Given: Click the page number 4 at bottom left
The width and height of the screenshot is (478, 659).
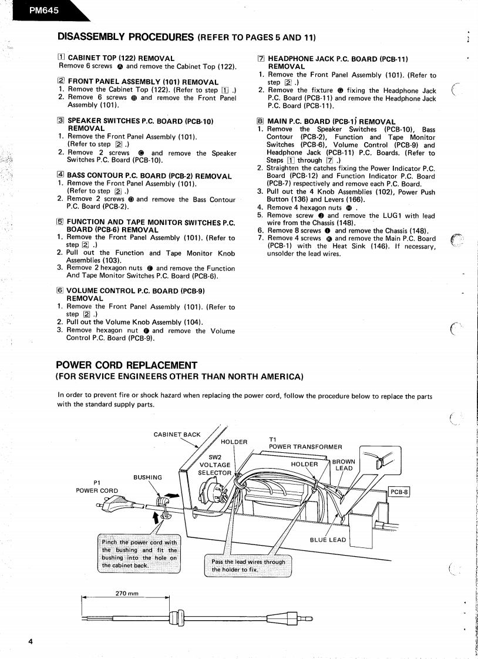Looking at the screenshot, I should coord(31,641).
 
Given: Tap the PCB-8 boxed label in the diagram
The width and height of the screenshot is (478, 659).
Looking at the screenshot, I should coord(399,493).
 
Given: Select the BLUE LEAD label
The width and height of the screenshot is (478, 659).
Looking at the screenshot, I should coord(328,540).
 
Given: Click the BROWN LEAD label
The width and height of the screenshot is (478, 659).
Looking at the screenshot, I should coord(344,465).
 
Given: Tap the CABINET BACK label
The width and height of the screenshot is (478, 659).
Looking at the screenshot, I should coord(177,435).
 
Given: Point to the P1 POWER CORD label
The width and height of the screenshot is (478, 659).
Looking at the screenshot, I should coord(97,487).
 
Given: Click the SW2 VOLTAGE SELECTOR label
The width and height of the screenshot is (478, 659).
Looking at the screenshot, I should coord(215,465).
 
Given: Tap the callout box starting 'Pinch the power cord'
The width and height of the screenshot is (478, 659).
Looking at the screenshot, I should coord(139,553).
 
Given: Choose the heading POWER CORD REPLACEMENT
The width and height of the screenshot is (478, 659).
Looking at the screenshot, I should coord(126,365).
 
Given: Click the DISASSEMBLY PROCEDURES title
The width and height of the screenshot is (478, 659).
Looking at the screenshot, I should coord(125,37).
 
